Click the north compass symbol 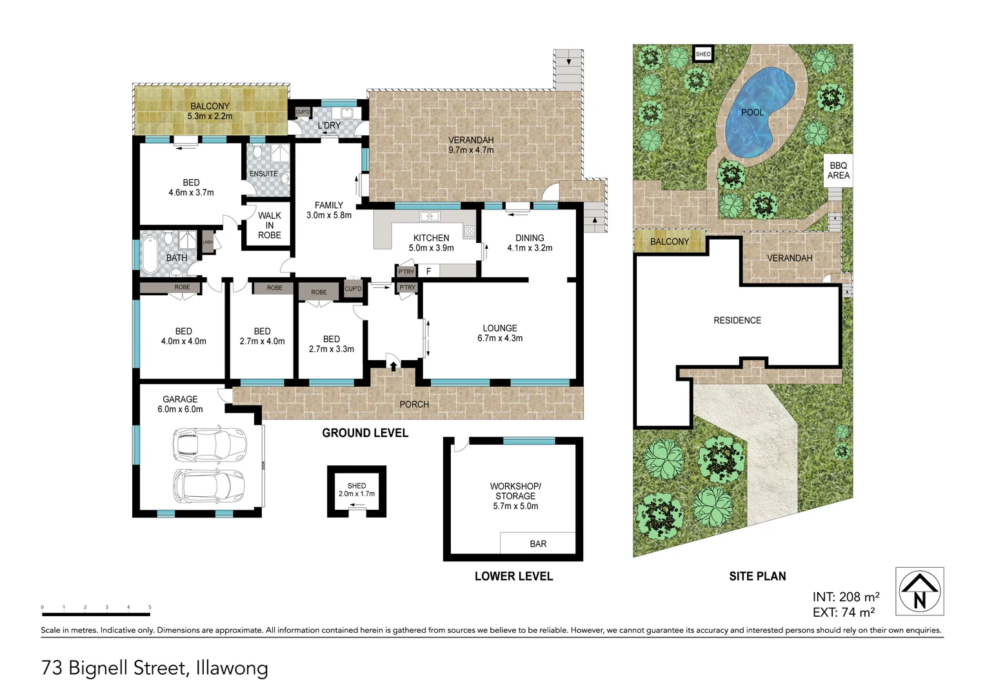[x=919, y=591]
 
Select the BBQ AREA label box [x=838, y=171]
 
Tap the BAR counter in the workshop [x=538, y=543]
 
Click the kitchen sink [x=430, y=216]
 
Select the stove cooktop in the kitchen [x=469, y=231]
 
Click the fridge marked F [x=428, y=271]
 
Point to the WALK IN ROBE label [x=270, y=225]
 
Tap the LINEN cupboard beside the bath [x=208, y=242]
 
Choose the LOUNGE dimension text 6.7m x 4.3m [x=500, y=338]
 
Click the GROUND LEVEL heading [x=365, y=433]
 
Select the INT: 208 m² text [x=846, y=597]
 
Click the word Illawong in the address [x=232, y=668]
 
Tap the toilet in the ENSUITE [x=257, y=152]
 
